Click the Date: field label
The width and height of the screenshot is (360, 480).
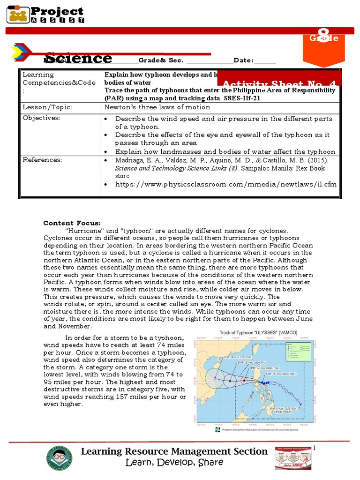coord(243,60)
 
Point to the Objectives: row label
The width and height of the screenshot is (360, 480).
coord(42,118)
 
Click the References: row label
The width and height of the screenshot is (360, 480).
coord(42,160)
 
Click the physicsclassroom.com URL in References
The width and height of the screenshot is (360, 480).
coord(226,184)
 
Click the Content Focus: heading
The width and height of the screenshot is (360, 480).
coord(72,223)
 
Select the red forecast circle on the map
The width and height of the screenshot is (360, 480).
coord(244,381)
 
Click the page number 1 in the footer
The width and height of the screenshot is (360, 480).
coord(315,449)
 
